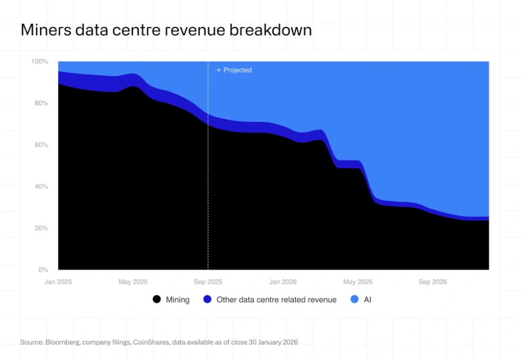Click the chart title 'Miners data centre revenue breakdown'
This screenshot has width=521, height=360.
[166, 30]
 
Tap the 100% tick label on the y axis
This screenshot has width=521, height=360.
[39, 62]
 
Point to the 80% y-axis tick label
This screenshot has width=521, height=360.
[40, 103]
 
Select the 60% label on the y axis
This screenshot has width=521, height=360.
[40, 145]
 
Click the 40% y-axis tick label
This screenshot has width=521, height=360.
[40, 186]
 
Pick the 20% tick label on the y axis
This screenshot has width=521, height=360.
[40, 228]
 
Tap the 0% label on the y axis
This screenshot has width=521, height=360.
[43, 269]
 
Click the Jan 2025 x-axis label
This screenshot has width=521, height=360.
[58, 282]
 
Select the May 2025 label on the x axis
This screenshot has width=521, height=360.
[133, 282]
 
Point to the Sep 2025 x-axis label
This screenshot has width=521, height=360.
[208, 282]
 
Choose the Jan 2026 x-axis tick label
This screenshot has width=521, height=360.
[283, 282]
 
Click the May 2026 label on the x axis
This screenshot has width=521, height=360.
[358, 282]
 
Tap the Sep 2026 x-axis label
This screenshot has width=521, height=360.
[432, 282]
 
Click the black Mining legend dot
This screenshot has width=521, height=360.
[156, 299]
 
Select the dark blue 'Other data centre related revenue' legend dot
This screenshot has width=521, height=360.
[208, 299]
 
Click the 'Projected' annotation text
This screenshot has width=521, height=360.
[237, 70]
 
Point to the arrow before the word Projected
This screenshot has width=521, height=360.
[217, 70]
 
